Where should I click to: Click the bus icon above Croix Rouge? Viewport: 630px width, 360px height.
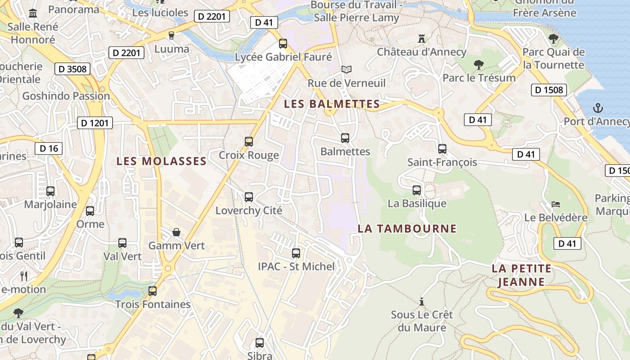click(249, 142)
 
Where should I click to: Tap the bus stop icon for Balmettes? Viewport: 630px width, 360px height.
click(345, 138)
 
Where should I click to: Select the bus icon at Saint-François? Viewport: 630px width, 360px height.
click(442, 149)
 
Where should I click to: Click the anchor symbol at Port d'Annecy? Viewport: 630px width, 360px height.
click(598, 108)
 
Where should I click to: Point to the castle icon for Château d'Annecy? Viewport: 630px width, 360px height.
click(422, 39)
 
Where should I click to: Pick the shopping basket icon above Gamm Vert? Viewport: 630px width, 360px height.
click(176, 232)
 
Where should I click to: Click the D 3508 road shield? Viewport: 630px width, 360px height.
click(72, 69)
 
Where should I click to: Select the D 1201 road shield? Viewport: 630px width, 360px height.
click(94, 123)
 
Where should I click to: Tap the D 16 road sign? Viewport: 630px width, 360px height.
click(49, 148)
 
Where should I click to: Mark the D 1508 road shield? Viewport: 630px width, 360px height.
click(549, 90)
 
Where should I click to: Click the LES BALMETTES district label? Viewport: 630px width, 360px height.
click(332, 104)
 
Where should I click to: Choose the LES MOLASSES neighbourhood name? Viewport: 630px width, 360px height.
click(162, 161)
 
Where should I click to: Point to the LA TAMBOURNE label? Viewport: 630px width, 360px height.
click(407, 229)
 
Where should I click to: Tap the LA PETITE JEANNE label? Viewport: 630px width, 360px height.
click(521, 275)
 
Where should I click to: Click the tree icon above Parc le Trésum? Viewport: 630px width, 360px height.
click(479, 65)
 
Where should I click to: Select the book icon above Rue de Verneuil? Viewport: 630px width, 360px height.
click(346, 70)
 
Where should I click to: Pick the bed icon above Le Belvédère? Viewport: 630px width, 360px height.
click(556, 204)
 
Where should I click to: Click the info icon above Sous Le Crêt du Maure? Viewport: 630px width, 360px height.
click(422, 301)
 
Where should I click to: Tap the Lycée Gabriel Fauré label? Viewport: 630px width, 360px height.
click(283, 57)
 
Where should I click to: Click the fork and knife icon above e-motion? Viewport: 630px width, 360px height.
click(24, 276)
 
